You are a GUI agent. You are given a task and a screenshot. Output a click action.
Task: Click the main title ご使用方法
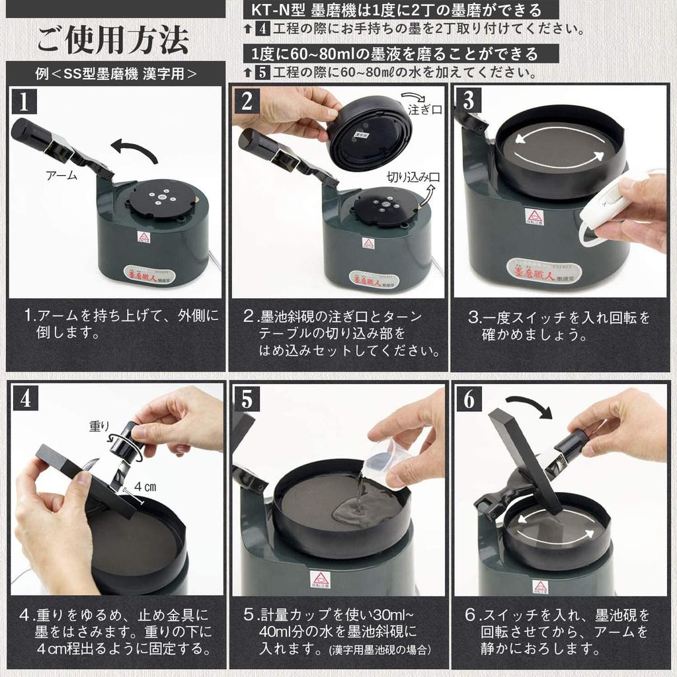click(113, 40)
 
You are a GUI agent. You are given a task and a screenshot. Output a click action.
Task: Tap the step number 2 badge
click(247, 100)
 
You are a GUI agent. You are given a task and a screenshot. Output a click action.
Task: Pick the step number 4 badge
click(25, 398)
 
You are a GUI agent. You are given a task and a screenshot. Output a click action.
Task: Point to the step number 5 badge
click(247, 398)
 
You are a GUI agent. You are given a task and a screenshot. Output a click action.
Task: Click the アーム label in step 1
click(61, 176)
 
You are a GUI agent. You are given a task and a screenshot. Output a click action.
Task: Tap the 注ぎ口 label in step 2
click(424, 110)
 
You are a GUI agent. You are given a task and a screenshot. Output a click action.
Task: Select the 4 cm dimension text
click(145, 486)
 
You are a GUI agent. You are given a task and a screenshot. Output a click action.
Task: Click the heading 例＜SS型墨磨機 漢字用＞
click(116, 73)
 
